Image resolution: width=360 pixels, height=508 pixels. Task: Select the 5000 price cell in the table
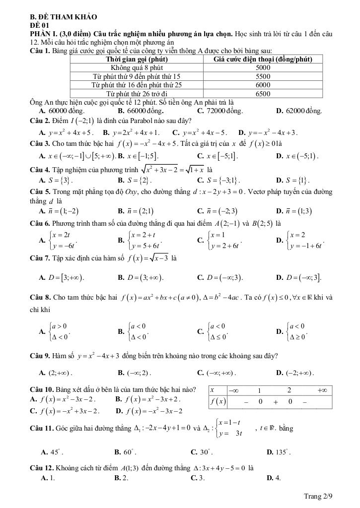point(262,67)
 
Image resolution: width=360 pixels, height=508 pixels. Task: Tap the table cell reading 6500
point(262,93)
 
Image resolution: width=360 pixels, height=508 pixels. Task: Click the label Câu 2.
point(41,121)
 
